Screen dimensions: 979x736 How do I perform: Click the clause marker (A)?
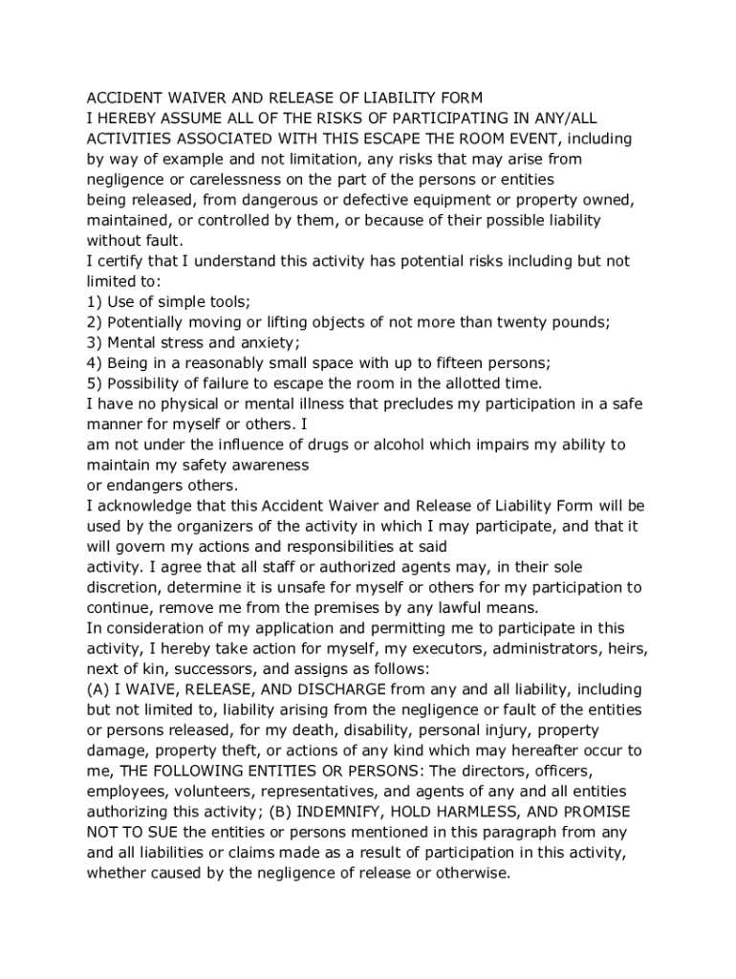point(98,689)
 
